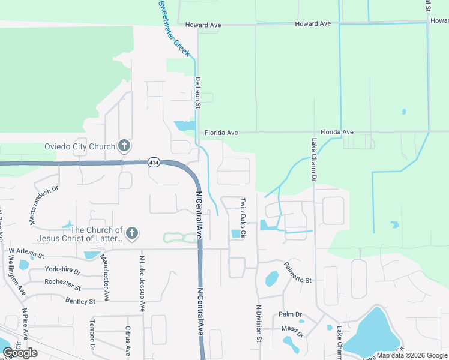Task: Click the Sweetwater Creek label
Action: (x=174, y=28)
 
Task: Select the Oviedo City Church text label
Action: (x=80, y=146)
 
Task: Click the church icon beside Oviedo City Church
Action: (x=124, y=146)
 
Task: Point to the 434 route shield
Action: (x=154, y=163)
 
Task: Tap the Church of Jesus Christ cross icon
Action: (x=132, y=233)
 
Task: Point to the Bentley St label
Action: (x=80, y=301)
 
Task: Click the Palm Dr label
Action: (x=290, y=315)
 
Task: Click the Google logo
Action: (x=20, y=353)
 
